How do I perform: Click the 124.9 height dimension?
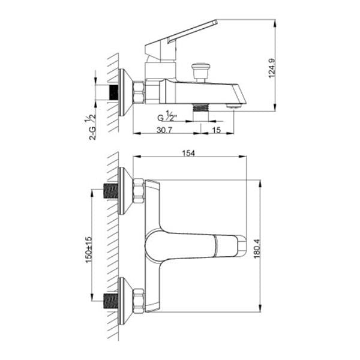(272, 68)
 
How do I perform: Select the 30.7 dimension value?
(164, 130)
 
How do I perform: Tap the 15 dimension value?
(216, 130)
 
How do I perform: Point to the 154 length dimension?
(188, 153)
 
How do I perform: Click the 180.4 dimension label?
(257, 249)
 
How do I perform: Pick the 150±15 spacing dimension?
(89, 250)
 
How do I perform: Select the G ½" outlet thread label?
(167, 116)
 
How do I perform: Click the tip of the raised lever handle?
(216, 22)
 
